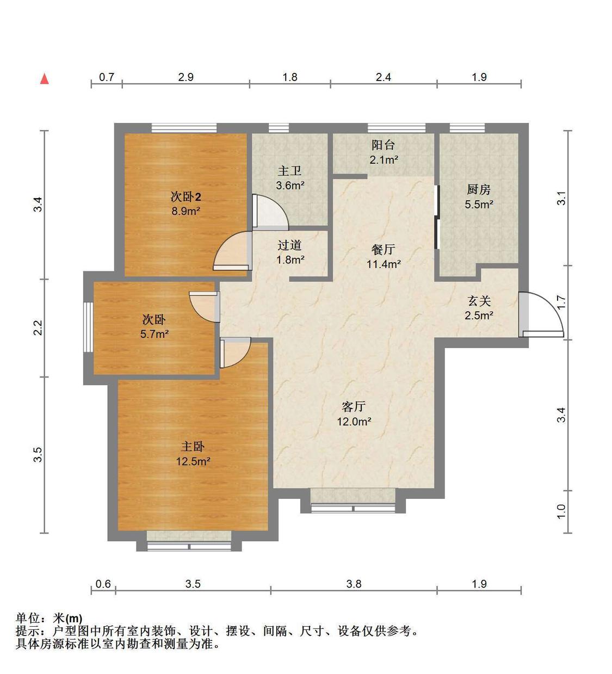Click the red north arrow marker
[x=45, y=79]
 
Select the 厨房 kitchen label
[x=479, y=189]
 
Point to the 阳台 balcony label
[x=383, y=145]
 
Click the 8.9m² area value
[x=186, y=211]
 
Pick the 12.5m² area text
[x=193, y=461]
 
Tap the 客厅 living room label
[x=354, y=406]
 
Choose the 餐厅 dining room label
[x=383, y=250]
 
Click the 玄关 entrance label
[x=479, y=301]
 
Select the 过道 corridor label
[x=289, y=245]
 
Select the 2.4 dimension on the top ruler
[x=384, y=77]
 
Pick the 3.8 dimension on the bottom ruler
[x=354, y=584]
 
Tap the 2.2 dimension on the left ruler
[x=38, y=328]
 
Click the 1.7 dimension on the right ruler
[x=562, y=302]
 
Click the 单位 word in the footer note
[x=28, y=619]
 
